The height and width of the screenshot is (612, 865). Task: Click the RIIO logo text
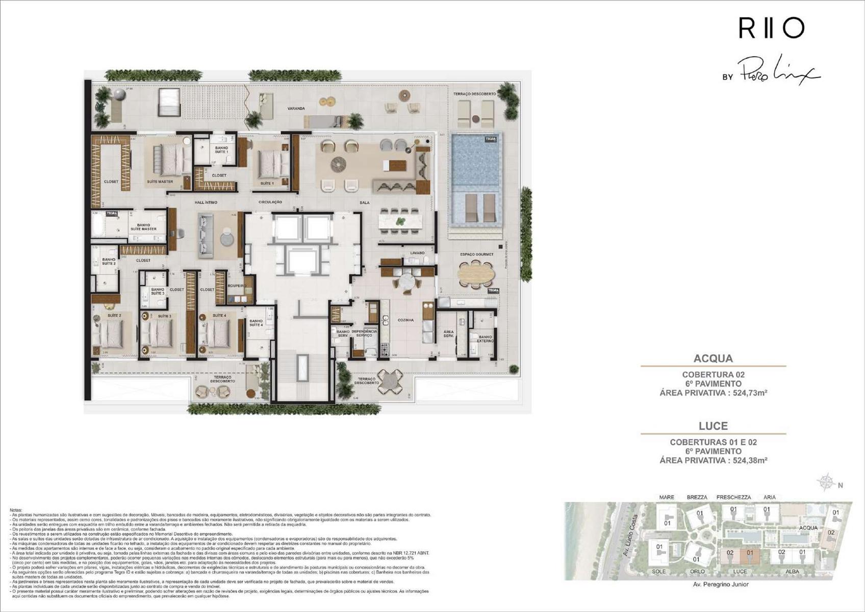point(771,29)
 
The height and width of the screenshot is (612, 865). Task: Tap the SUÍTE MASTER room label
point(160,182)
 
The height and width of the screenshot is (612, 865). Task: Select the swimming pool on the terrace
point(474,162)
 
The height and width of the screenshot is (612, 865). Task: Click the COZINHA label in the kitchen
point(405,320)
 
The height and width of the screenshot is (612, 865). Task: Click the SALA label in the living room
point(364,203)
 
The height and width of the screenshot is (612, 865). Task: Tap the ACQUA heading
point(713,359)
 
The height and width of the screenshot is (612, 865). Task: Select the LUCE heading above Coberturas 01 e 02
point(713,426)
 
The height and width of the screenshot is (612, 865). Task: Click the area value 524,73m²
point(750,393)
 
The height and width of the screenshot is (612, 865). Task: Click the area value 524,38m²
point(750,461)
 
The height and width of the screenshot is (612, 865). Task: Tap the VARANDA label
point(296,109)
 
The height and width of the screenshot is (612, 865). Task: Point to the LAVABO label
point(417,253)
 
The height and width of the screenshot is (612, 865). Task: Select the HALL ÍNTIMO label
point(206,202)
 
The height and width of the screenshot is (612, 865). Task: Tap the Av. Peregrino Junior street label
point(721,584)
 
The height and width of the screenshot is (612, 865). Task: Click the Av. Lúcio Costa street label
point(630,535)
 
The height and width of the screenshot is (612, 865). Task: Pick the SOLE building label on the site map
point(658,572)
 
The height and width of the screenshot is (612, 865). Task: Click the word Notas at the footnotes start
point(16,510)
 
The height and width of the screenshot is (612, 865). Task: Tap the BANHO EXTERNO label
point(485,339)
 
